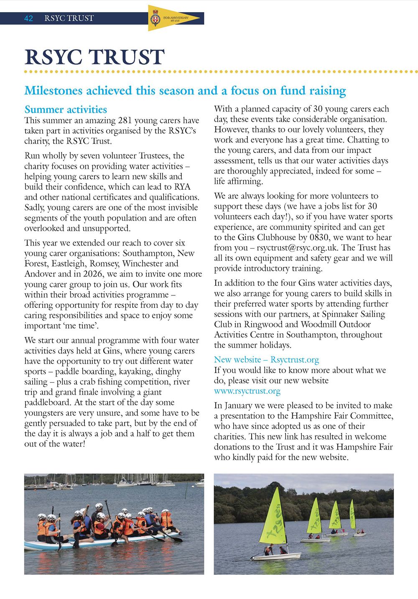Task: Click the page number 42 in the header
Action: [28, 18]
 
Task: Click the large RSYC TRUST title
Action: [94, 57]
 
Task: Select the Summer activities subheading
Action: [66, 110]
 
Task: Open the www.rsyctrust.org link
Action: [247, 391]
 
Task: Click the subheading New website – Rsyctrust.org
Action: [266, 360]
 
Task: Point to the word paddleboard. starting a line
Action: [47, 403]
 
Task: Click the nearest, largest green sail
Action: [274, 518]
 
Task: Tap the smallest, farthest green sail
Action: [352, 515]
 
